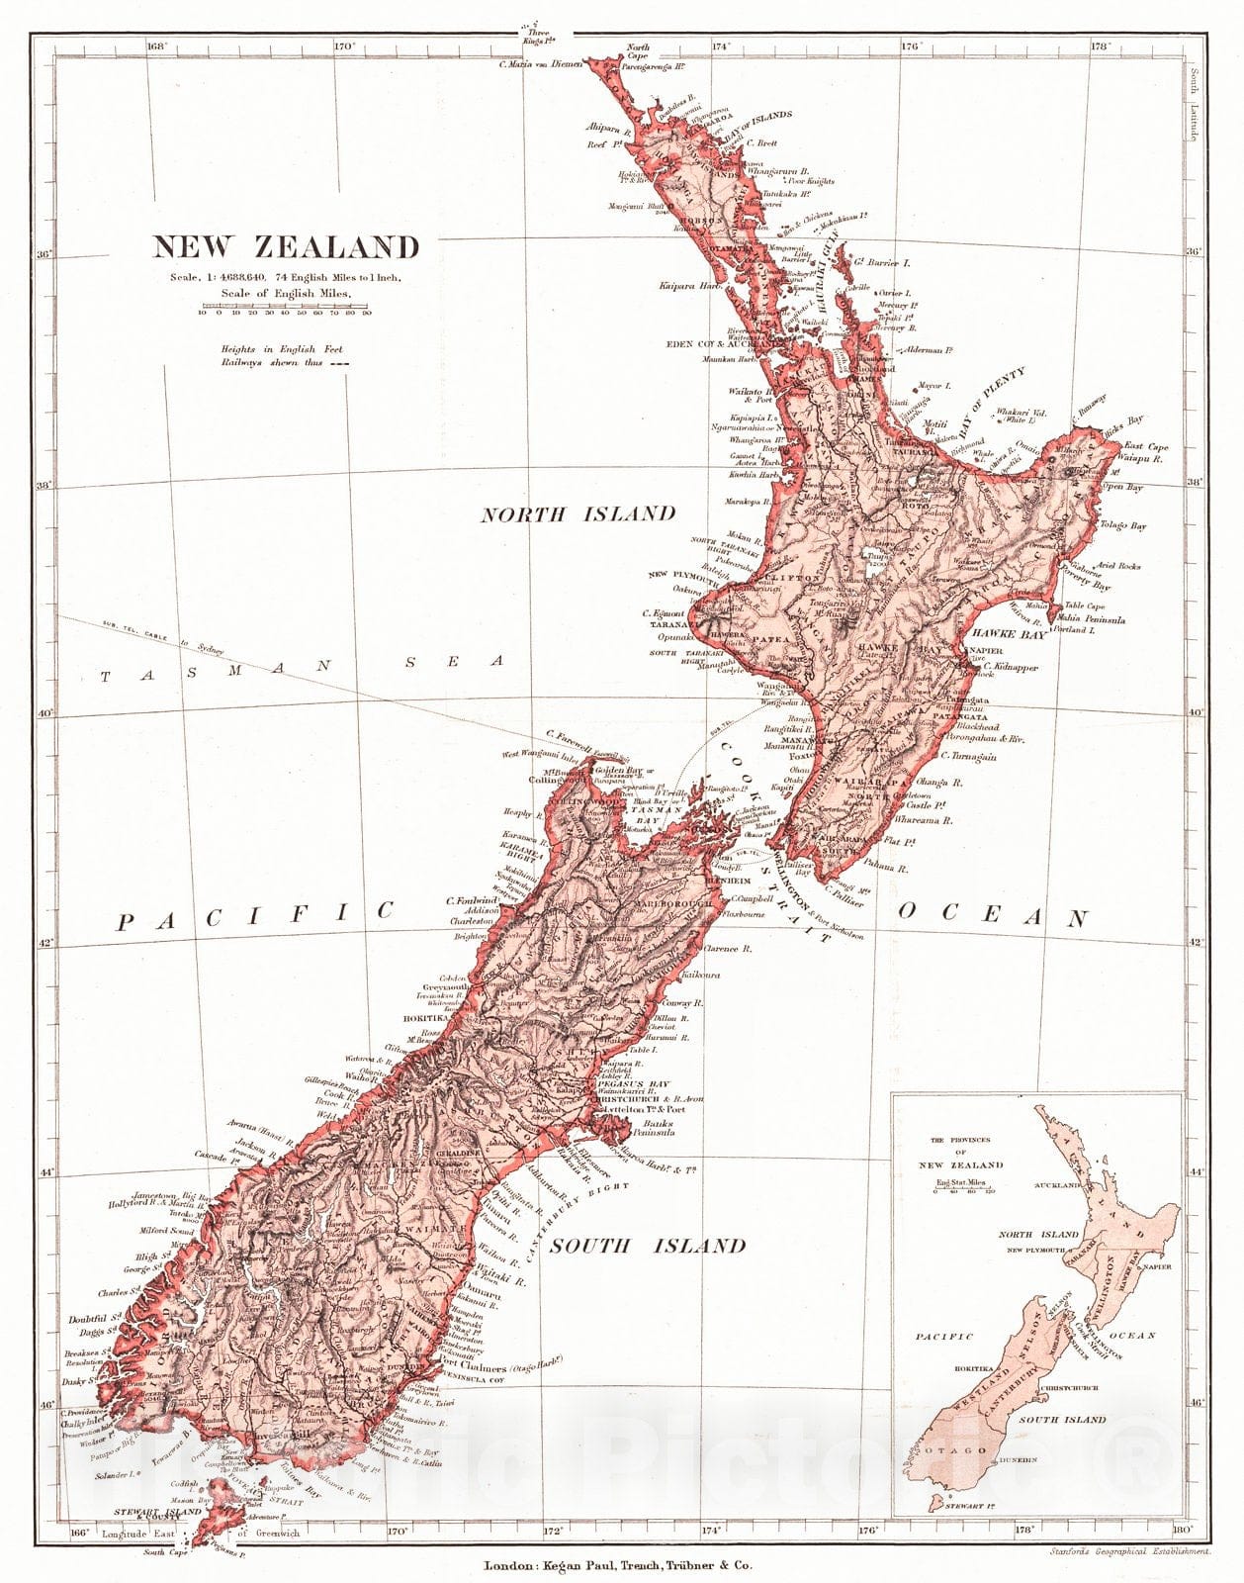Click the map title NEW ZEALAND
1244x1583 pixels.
coord(285,246)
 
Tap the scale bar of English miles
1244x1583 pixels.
coord(285,308)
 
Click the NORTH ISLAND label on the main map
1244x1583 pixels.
coord(578,513)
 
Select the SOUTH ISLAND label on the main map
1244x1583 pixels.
coord(647,1246)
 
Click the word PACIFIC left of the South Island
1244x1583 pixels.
coord(255,916)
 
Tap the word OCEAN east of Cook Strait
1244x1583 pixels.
coord(993,915)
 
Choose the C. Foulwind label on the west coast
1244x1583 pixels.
coord(469,900)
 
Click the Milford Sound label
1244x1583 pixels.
coord(165,1231)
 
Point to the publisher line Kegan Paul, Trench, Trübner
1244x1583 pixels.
coord(618,1566)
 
